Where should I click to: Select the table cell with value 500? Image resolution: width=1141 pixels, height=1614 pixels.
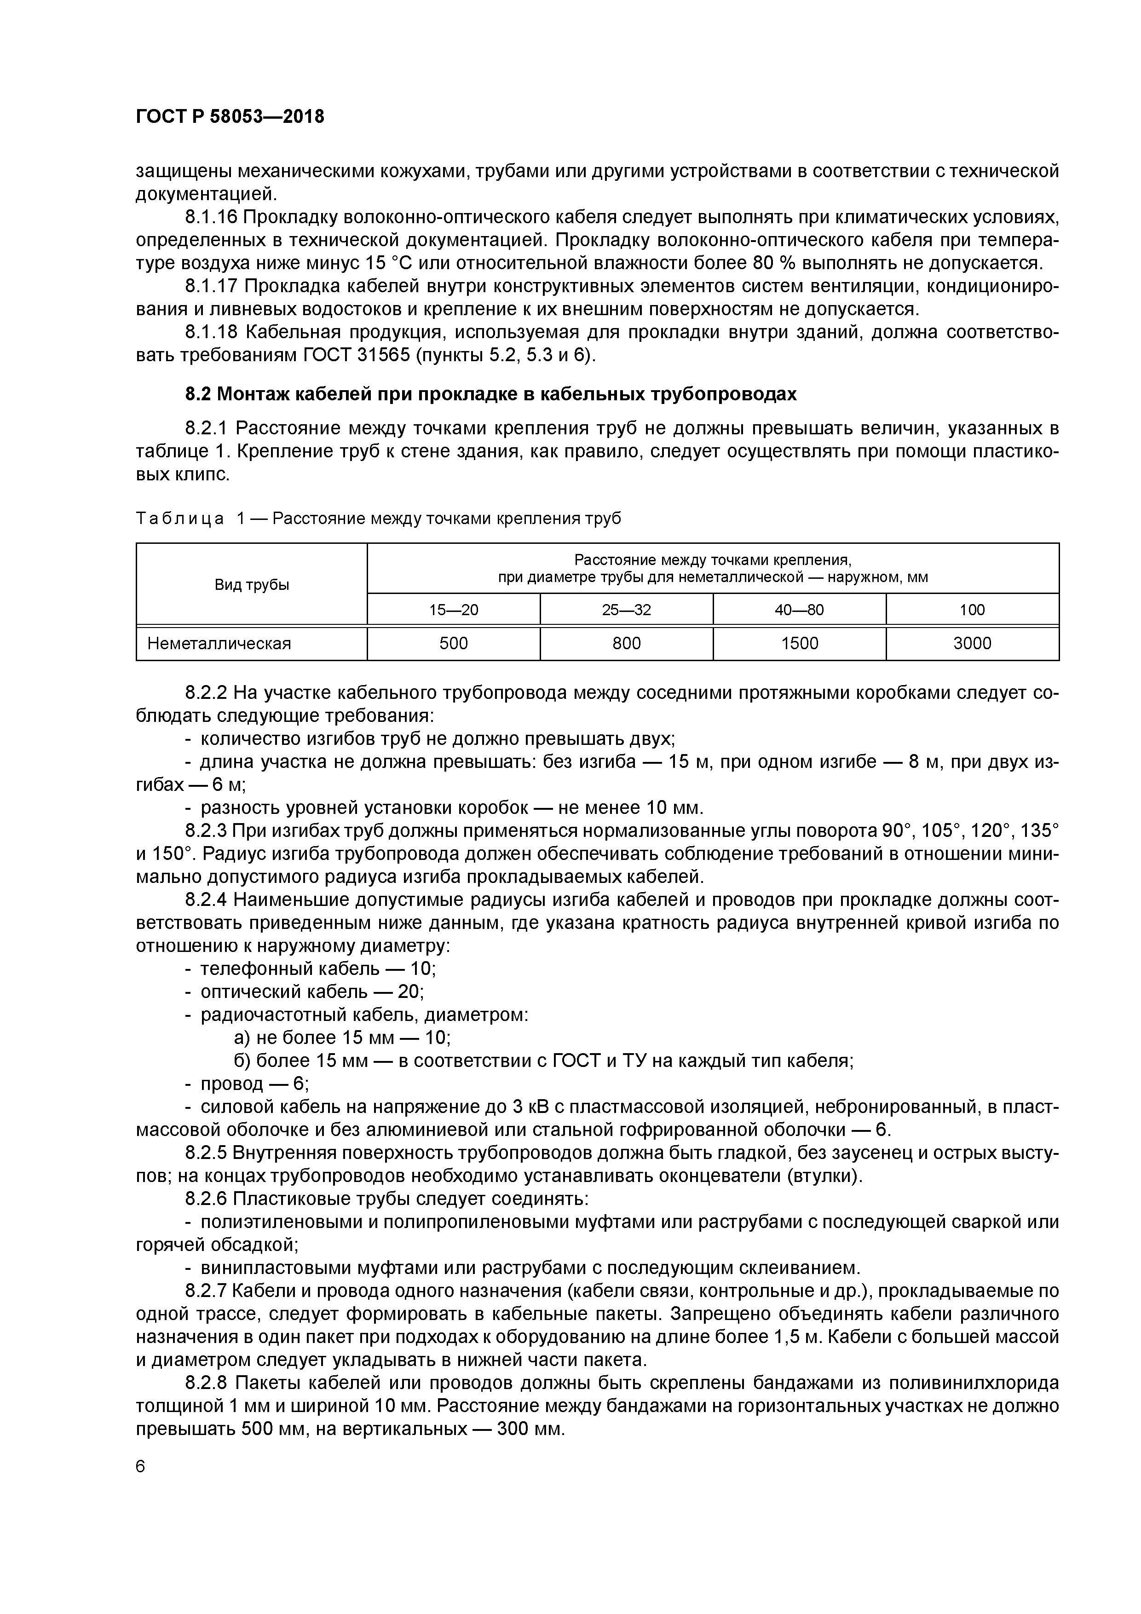(x=454, y=643)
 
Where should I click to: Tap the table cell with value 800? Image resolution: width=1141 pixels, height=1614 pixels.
(x=626, y=643)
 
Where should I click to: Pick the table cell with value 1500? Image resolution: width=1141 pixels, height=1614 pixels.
(x=799, y=643)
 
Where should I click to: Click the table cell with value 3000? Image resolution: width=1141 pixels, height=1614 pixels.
(x=972, y=643)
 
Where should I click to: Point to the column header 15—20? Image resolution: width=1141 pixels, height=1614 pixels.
(x=454, y=610)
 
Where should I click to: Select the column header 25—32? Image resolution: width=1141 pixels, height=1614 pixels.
(x=626, y=610)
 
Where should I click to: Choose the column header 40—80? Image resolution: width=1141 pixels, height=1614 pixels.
(x=799, y=610)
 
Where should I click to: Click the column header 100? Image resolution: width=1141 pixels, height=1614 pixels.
(x=972, y=610)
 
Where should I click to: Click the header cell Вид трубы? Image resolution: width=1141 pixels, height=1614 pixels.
(x=252, y=585)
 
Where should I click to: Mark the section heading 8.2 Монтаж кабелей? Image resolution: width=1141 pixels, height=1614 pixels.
(x=491, y=394)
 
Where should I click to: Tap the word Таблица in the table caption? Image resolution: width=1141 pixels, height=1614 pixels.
(x=180, y=519)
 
